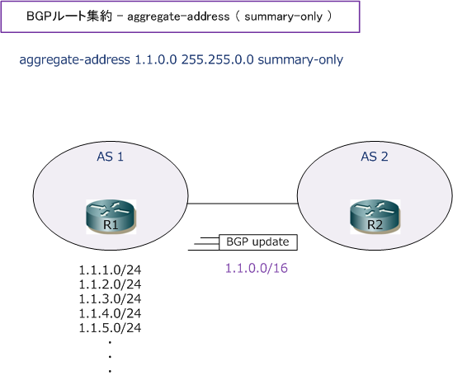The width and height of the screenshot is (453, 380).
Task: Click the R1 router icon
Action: (x=111, y=217)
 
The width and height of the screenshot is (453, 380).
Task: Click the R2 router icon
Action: (x=375, y=217)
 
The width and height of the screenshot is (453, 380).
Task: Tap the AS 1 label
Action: (x=110, y=157)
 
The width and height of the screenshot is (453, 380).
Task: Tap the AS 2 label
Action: (x=375, y=157)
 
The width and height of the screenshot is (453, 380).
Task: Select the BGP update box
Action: (x=258, y=242)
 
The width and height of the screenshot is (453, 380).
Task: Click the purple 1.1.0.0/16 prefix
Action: (x=257, y=269)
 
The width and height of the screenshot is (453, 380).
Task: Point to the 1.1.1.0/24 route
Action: (x=110, y=270)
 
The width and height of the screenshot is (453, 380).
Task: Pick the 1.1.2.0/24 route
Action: (x=110, y=284)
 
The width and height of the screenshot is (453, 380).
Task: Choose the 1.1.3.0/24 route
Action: (x=110, y=299)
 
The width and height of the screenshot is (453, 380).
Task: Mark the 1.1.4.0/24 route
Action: (x=110, y=313)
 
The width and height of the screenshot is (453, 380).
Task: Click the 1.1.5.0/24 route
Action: (x=110, y=328)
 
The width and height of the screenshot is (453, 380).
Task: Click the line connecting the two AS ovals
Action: (x=243, y=204)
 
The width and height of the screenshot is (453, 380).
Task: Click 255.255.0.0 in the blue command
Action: (x=217, y=59)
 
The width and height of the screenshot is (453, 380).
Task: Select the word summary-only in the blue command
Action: (x=300, y=60)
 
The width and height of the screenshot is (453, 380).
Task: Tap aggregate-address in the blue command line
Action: (x=74, y=60)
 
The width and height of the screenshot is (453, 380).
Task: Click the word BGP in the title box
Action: (x=39, y=16)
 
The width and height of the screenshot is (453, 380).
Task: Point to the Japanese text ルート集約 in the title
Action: (x=82, y=16)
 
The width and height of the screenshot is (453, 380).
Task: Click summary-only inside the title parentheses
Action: (x=283, y=16)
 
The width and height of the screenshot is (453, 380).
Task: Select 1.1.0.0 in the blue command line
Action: (x=156, y=59)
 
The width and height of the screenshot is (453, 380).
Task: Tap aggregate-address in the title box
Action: (x=178, y=16)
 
